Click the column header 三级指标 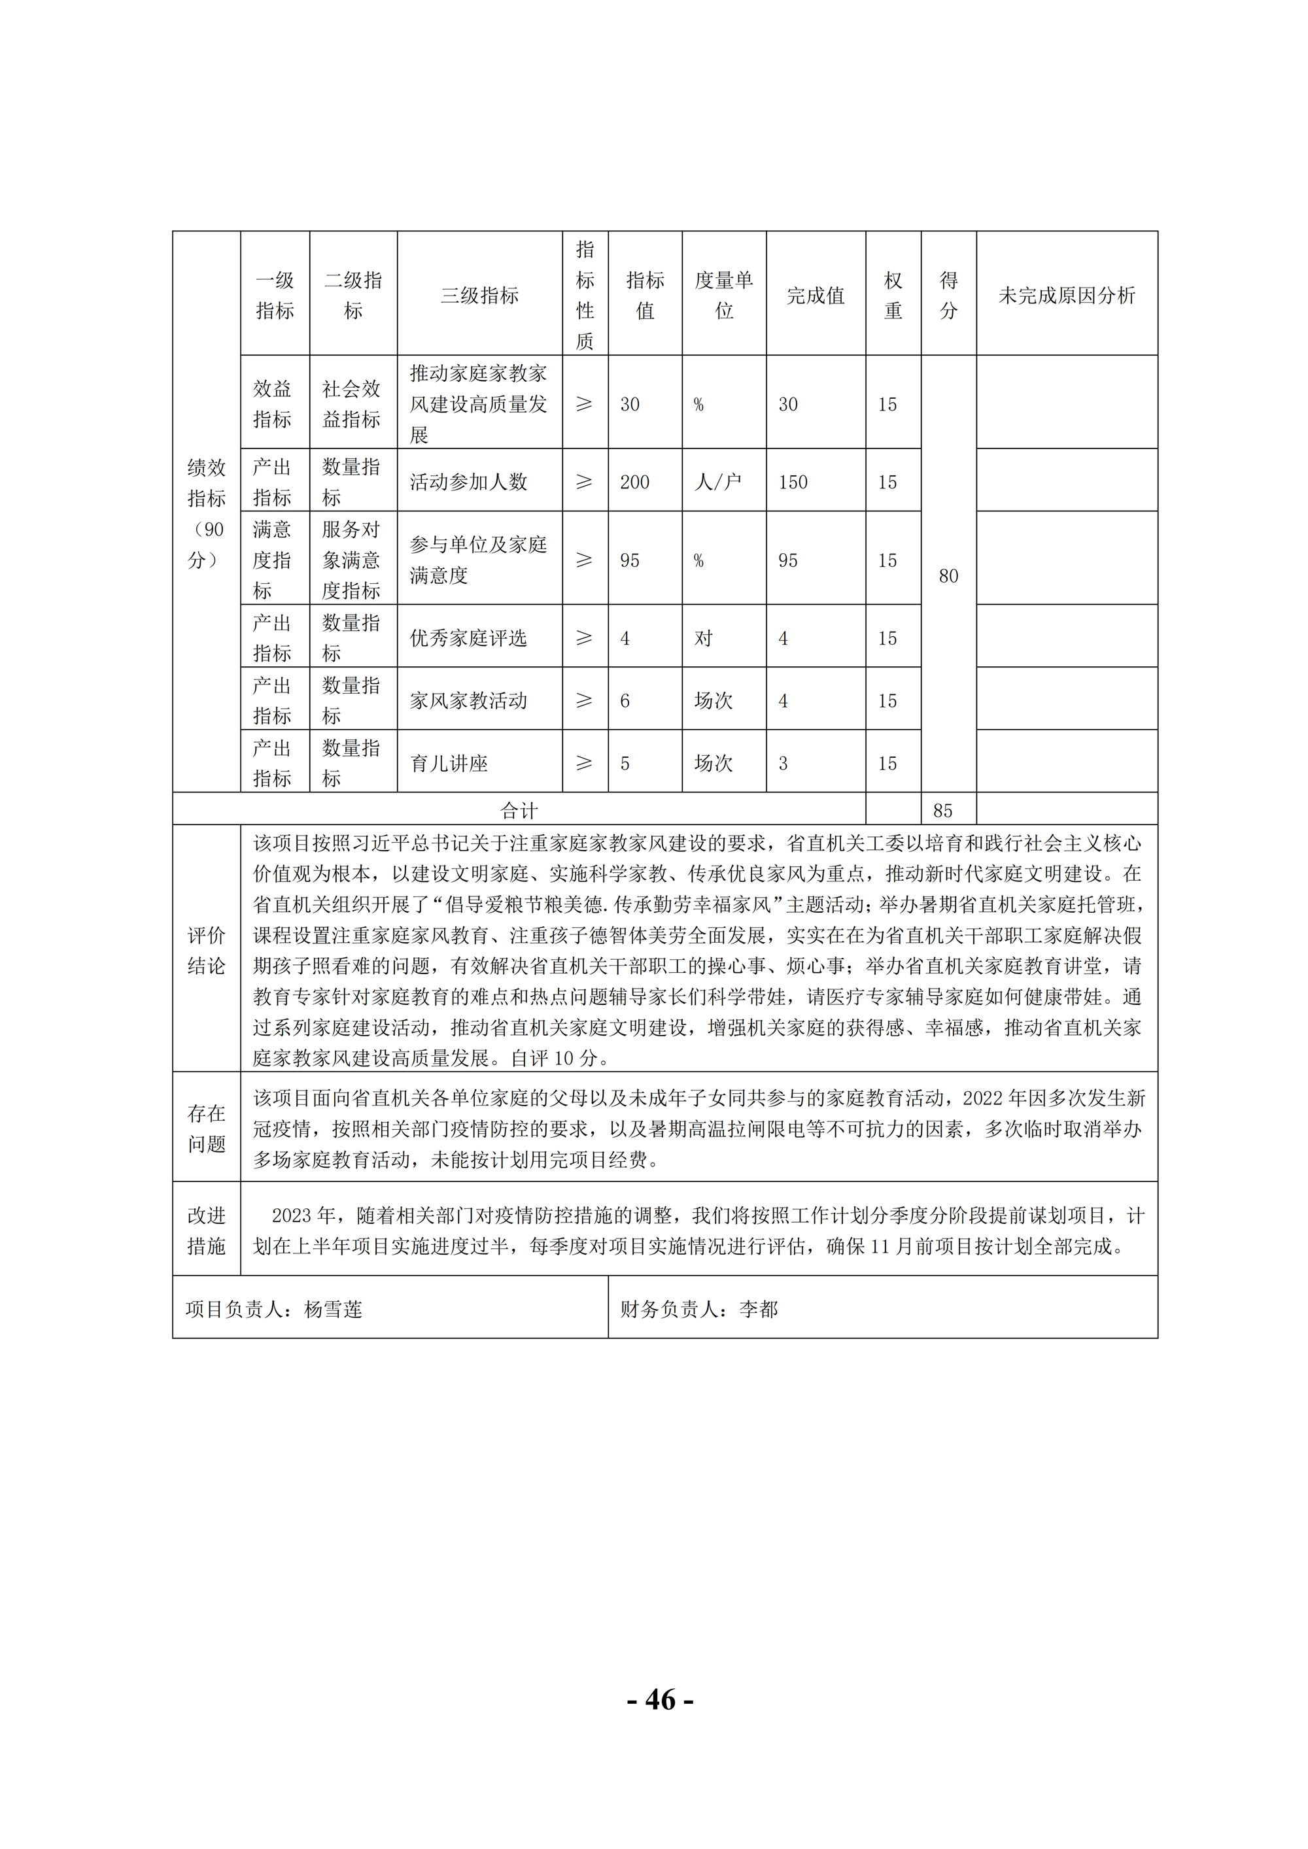(x=479, y=296)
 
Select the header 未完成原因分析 (x=1067, y=296)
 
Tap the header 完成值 (x=815, y=296)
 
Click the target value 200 (x=634, y=483)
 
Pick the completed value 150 (x=793, y=483)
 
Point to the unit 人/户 (x=717, y=483)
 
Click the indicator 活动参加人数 (x=468, y=483)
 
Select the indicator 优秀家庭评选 (x=468, y=639)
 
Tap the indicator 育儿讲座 (x=449, y=764)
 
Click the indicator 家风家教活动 (x=468, y=701)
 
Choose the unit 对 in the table (x=703, y=639)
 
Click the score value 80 (x=948, y=576)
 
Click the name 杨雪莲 (x=333, y=1310)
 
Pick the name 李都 (x=758, y=1310)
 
